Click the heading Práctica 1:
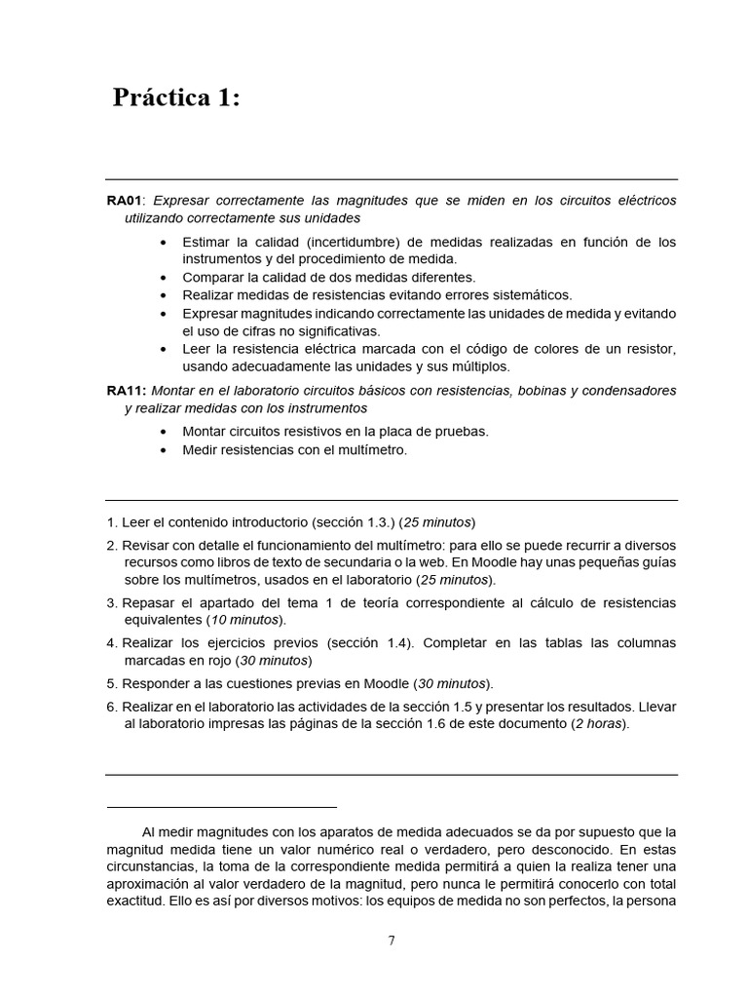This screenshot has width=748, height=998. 175,98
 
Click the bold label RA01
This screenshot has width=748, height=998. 124,200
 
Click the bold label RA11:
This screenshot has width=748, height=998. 127,390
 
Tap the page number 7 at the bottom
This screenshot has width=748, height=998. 392,940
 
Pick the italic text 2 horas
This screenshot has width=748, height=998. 600,724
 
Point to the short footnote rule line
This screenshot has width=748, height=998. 221,807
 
